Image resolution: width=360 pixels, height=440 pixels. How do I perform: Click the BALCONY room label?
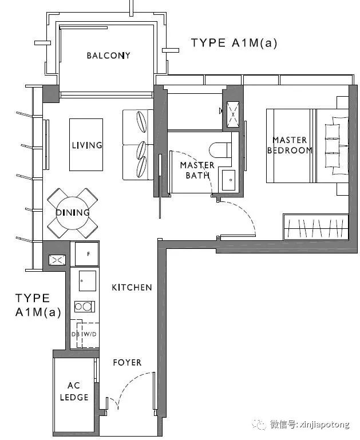coord(108,56)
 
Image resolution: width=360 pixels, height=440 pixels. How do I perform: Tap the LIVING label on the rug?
coord(87,145)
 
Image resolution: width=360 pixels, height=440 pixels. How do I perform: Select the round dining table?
coord(72,213)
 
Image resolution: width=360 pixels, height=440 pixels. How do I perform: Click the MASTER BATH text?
coord(197,170)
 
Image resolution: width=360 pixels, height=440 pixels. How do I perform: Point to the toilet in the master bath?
coord(220,150)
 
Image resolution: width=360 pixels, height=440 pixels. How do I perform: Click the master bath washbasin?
coord(228,180)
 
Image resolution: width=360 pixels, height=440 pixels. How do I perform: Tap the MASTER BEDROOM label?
coord(290,145)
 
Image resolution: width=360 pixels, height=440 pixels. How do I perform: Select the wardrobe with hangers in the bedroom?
coord(316,227)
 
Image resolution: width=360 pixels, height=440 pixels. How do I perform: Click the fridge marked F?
coord(86,254)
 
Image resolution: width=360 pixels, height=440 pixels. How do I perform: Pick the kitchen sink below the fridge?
coord(87,280)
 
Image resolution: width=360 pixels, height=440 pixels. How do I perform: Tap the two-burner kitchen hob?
coord(85,307)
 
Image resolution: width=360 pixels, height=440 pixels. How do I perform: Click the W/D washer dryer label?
coord(90,334)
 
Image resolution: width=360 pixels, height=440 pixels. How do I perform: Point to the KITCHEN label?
coord(132,287)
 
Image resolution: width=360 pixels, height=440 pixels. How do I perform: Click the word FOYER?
coord(127,362)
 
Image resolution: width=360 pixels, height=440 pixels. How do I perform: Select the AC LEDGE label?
coord(74,391)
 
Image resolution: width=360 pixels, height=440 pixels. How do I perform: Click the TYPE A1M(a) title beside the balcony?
coord(234,43)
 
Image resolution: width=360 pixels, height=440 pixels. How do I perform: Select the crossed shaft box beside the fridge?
coord(57,260)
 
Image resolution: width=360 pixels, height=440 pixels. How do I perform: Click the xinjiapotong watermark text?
coord(310,424)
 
